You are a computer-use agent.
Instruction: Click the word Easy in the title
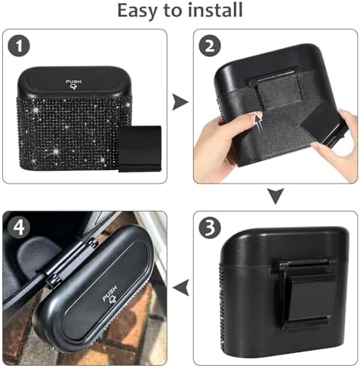tap(138, 11)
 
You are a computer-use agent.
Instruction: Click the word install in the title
tap(216, 10)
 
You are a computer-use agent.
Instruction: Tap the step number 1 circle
tap(19, 46)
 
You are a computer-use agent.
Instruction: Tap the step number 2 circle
tap(210, 46)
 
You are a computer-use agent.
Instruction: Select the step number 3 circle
tap(210, 228)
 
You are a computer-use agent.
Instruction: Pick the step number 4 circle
tap(19, 227)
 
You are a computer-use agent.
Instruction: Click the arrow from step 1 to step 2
tap(180, 102)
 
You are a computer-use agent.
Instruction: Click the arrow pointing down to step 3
tap(275, 196)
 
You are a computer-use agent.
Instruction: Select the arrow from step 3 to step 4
tap(180, 287)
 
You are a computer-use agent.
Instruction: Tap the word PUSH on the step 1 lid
tap(73, 82)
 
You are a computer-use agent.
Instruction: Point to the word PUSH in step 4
tap(109, 293)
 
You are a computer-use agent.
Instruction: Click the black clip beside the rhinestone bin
tap(140, 148)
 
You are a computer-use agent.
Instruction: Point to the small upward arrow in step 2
tap(259, 120)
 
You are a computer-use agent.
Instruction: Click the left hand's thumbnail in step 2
tap(255, 116)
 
